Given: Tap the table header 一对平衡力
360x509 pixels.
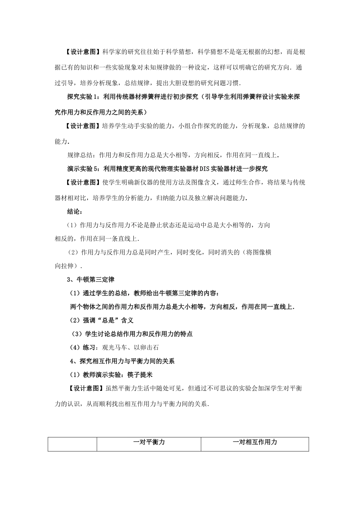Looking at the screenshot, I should pyautogui.click(x=149, y=442).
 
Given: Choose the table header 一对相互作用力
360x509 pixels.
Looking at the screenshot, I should pyautogui.click(x=255, y=442).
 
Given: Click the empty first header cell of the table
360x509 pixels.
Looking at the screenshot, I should pyautogui.click(x=72, y=444).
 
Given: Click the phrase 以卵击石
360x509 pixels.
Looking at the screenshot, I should pyautogui.click(x=146, y=347).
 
